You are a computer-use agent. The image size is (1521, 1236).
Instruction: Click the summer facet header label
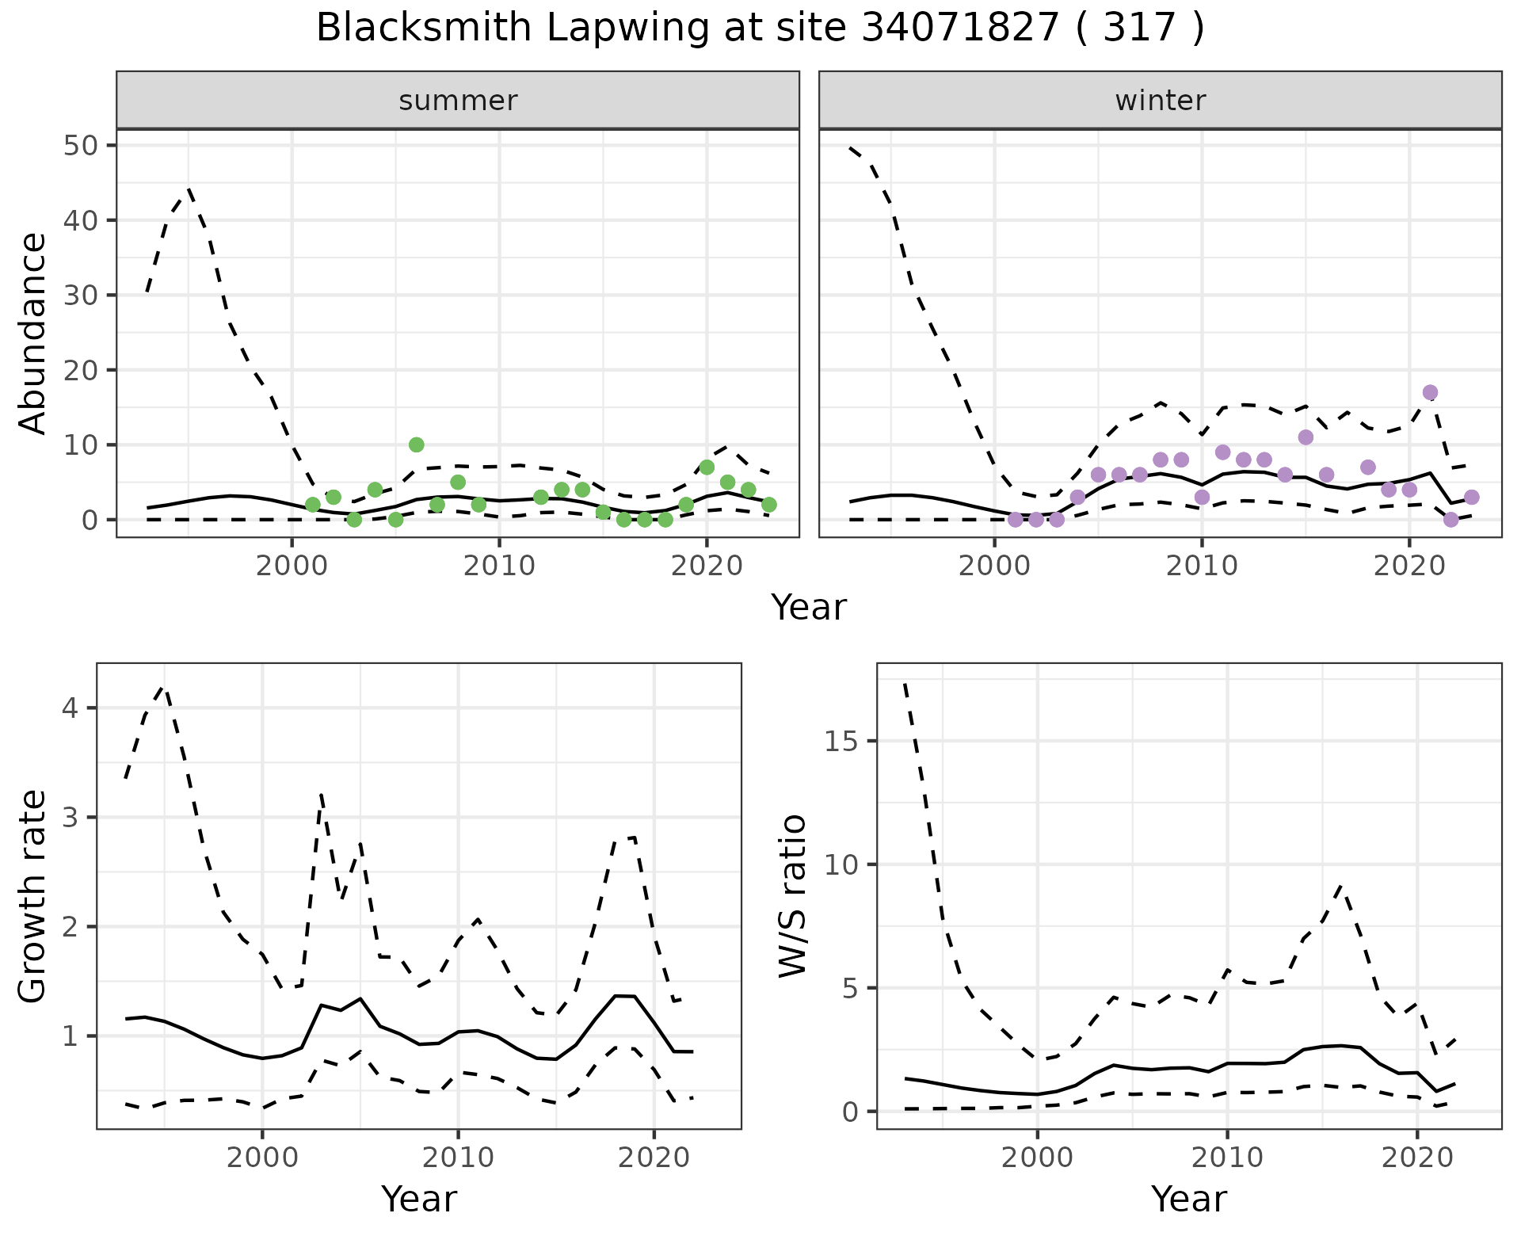pos(458,101)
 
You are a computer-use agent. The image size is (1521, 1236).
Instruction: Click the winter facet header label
pos(1160,101)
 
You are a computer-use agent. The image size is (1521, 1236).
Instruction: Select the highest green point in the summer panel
pos(417,444)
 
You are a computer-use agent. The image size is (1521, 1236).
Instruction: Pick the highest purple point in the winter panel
pos(1430,392)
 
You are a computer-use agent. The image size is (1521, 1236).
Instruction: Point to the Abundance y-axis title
pos(33,333)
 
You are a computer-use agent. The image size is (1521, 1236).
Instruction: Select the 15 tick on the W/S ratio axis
pos(841,741)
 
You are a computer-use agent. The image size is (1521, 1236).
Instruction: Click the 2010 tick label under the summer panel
pos(499,566)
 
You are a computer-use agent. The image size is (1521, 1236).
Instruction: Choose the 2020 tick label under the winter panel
pos(1409,566)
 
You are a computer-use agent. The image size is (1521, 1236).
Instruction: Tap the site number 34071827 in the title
pos(959,29)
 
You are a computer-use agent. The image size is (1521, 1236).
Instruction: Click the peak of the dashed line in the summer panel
pos(189,189)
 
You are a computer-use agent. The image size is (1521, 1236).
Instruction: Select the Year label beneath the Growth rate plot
pos(419,1199)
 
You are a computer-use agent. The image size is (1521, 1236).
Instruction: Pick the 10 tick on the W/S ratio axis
pos(841,864)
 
